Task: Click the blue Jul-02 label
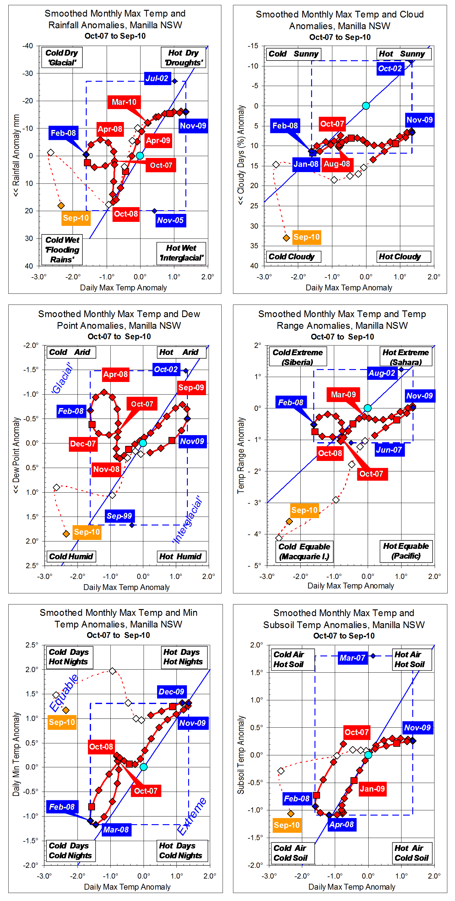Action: (157, 78)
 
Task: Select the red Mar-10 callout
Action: (124, 102)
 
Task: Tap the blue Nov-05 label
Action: (170, 220)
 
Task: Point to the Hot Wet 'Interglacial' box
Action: (181, 253)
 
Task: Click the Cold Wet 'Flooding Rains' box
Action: (62, 250)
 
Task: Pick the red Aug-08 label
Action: (337, 164)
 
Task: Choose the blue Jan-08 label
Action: (306, 164)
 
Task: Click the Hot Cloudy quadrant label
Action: (400, 257)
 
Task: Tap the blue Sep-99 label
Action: (119, 516)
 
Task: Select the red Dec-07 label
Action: (83, 444)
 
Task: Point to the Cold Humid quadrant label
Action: (71, 557)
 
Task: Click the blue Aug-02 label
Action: (382, 373)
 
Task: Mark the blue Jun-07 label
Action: (389, 450)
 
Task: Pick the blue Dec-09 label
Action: (171, 692)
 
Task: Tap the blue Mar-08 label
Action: (116, 830)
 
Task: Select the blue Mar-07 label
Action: (352, 658)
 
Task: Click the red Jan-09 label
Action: (372, 789)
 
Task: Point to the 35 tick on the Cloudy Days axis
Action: (254, 246)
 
